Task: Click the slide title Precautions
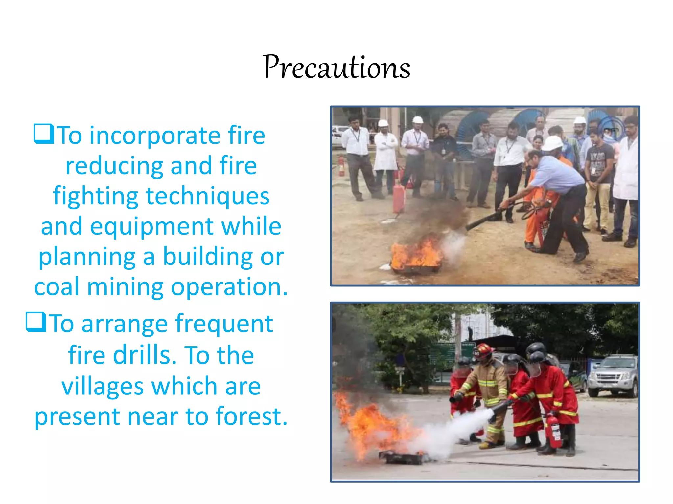pos(336,67)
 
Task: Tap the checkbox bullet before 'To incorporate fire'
pos(44,134)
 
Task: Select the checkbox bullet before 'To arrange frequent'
pos(36,322)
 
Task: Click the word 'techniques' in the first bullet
pos(207,196)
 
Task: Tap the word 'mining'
pos(125,287)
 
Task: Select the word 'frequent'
pos(224,324)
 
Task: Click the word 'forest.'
pos(251,416)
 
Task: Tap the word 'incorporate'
pos(155,136)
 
